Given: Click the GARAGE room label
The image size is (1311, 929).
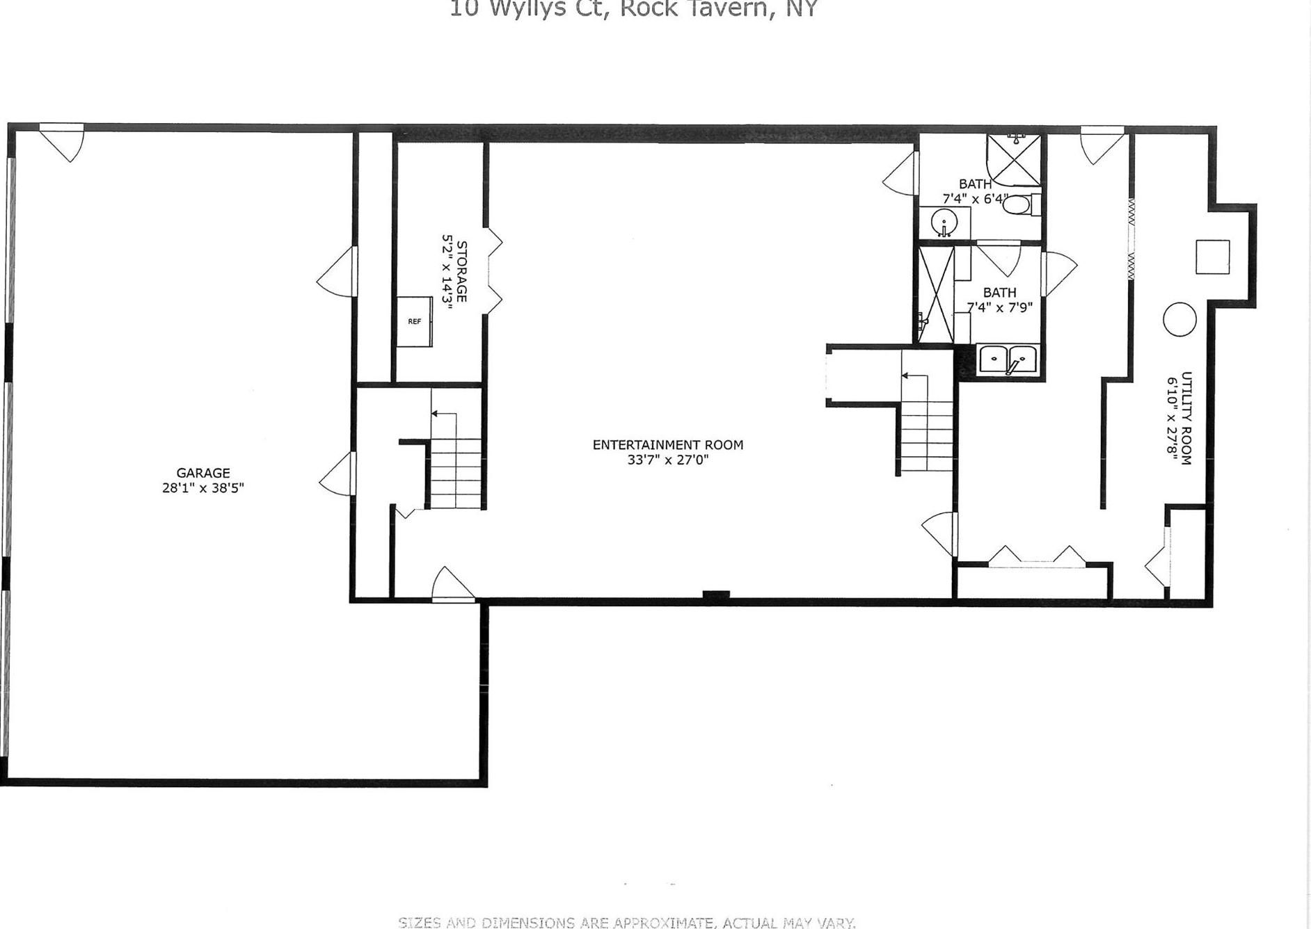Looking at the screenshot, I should click(202, 473).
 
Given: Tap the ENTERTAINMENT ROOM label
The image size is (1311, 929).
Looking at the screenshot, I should click(667, 444).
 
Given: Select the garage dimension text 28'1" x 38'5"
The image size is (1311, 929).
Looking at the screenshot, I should click(202, 488).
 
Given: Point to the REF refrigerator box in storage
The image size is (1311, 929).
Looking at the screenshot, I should click(415, 321).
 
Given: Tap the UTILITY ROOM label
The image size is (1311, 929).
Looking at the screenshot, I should click(1186, 418).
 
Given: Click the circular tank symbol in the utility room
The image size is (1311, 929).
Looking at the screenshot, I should click(1179, 320).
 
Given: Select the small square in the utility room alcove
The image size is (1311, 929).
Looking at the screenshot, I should click(1212, 257).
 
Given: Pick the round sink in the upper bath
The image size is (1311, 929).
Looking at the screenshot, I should click(944, 223).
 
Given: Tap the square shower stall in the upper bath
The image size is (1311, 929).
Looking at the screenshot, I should click(1014, 161).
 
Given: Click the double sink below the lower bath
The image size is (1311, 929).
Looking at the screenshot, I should click(1008, 360).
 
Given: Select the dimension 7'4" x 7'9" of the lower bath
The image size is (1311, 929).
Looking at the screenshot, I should click(999, 307).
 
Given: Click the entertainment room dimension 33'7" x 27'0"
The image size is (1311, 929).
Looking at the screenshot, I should click(667, 460).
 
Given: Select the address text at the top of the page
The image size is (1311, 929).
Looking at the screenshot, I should click(633, 9).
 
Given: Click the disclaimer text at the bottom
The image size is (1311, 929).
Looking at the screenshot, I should click(626, 923).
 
